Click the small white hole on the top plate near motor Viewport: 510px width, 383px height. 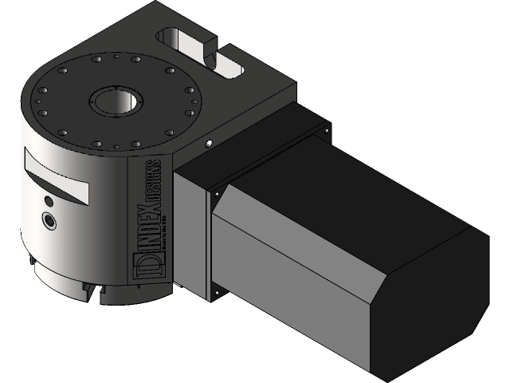coord(207,144)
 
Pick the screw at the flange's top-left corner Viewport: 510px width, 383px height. coord(215,192)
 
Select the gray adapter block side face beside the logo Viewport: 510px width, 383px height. coord(191,231)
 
